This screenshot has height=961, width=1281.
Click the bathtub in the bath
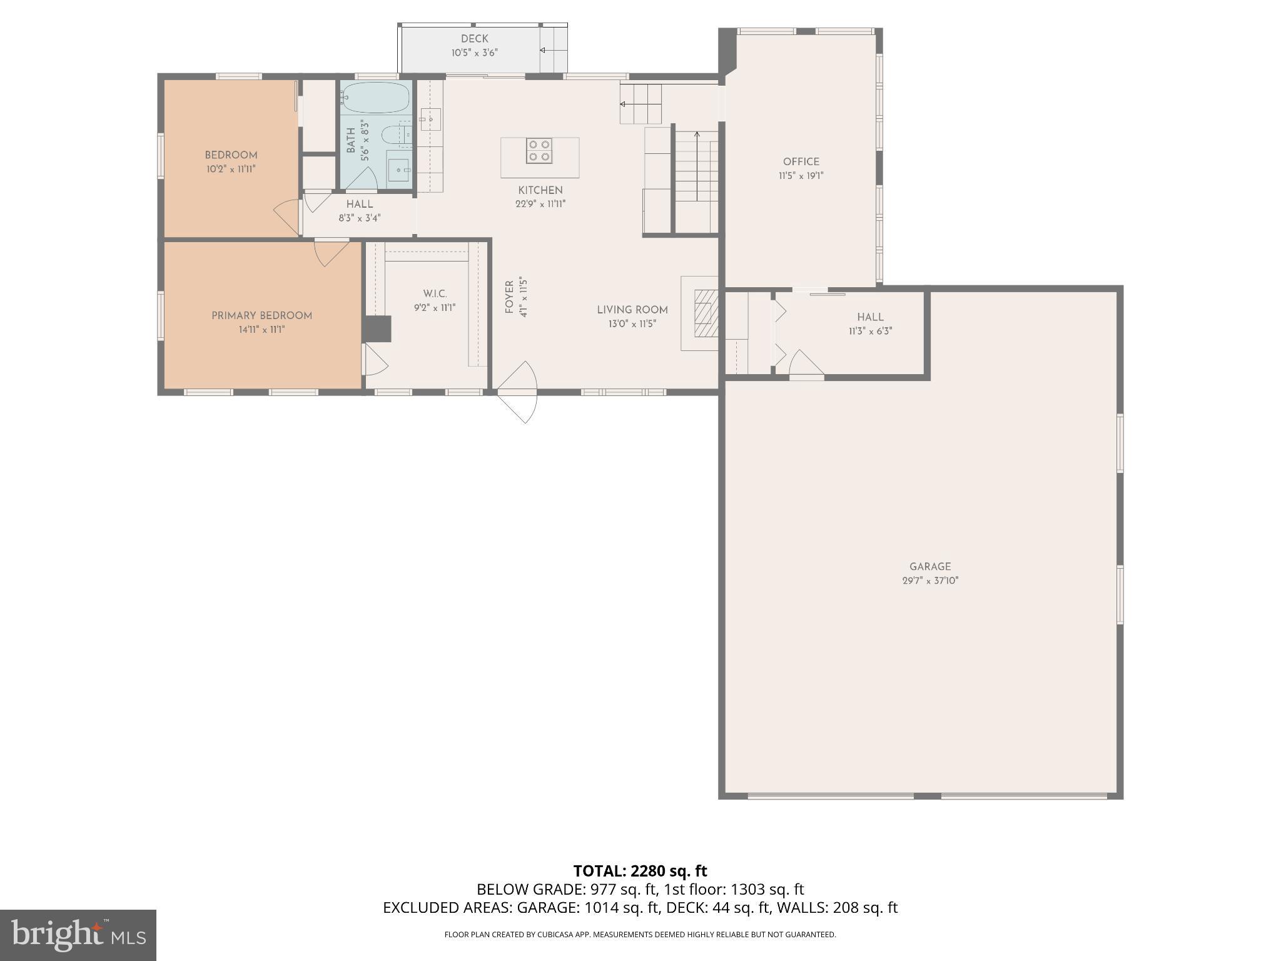pos(375,98)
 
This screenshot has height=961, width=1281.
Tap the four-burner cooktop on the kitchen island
pos(539,151)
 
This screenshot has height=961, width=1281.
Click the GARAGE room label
pos(930,566)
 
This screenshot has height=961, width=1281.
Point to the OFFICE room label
pos(801,161)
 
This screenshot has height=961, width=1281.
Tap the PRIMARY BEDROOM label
pos(261,315)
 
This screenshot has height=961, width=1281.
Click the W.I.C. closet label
pos(435,293)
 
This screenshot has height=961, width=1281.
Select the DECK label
pos(474,39)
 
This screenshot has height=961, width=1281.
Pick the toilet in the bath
pos(396,133)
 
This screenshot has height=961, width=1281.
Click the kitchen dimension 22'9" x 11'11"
pos(540,204)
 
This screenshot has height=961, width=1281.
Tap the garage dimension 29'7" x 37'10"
pos(929,581)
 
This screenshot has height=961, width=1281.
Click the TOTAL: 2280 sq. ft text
pos(640,871)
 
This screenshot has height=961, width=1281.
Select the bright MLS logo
pos(78,935)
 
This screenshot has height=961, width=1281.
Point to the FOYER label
pos(509,297)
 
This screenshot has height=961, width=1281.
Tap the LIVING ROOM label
pos(632,310)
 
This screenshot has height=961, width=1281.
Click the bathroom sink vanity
pos(398,169)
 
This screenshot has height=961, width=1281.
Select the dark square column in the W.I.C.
pos(377,329)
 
